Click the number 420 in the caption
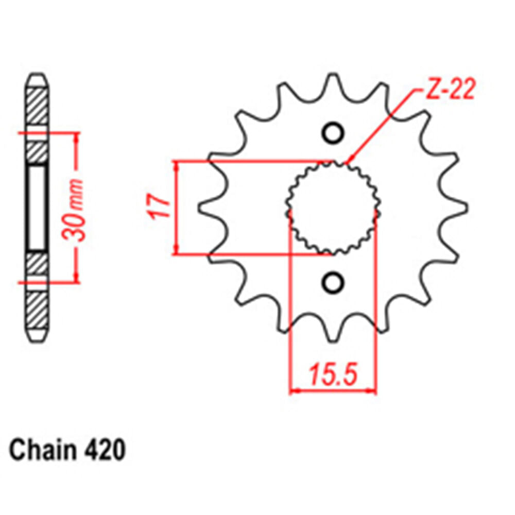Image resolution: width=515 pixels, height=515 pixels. click(x=105, y=450)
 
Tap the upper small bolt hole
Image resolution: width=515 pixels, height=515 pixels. click(x=333, y=133)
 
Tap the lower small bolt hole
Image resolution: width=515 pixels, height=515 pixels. click(x=333, y=282)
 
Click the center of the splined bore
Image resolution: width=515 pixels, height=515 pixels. click(x=333, y=208)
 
